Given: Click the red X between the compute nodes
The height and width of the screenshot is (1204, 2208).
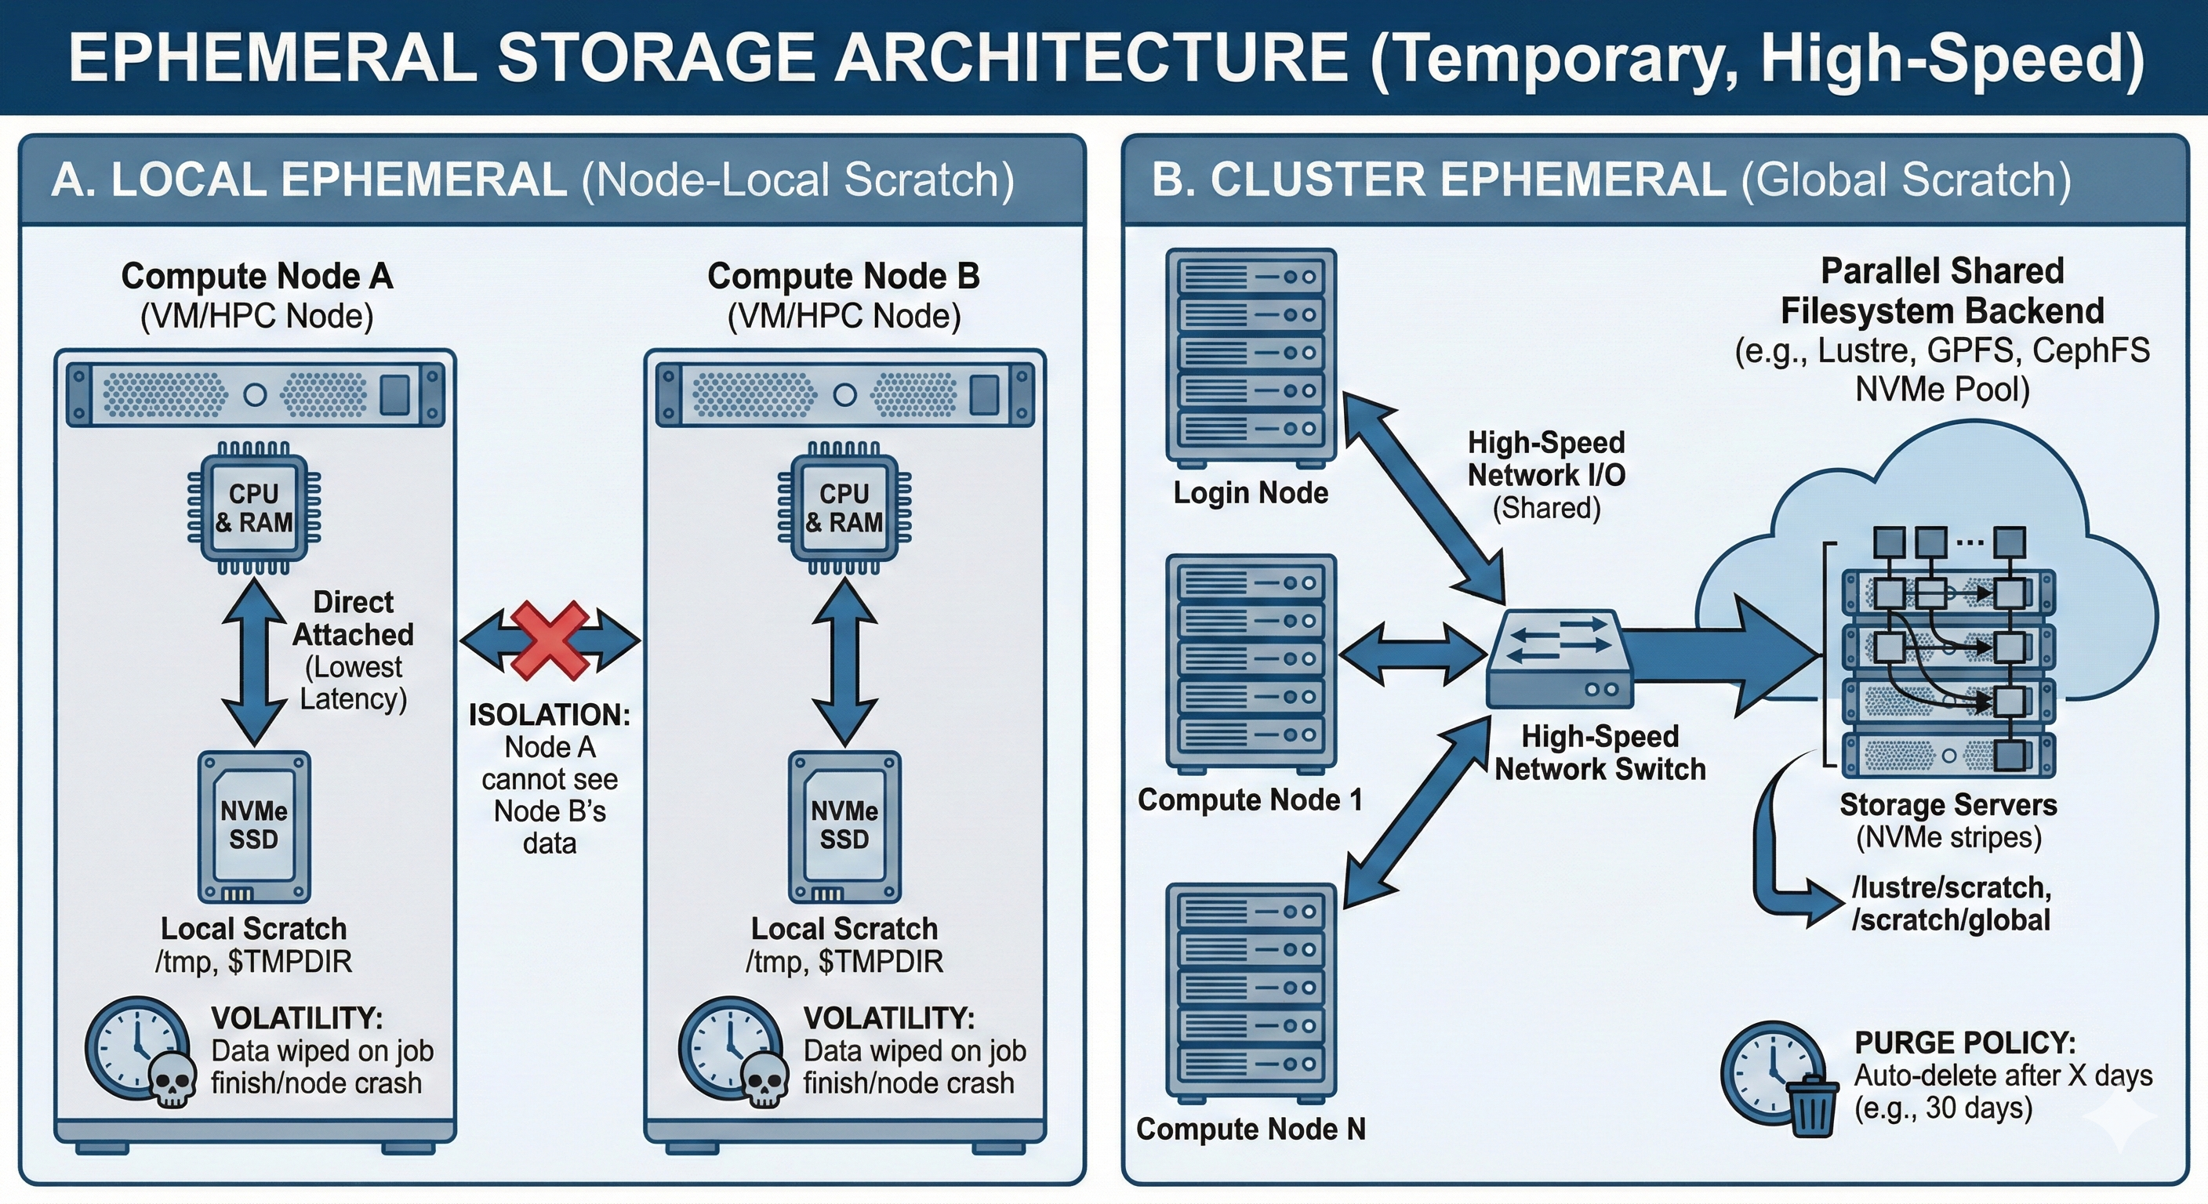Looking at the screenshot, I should pos(550,640).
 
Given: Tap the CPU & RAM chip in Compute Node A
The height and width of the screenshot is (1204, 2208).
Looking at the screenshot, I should pos(254,508).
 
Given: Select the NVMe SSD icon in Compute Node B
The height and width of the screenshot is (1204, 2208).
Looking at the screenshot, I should pos(844,826).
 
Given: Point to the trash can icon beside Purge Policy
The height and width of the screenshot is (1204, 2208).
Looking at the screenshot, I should pos(1811,1105).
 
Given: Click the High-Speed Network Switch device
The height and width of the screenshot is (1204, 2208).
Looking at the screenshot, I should pos(1559,660).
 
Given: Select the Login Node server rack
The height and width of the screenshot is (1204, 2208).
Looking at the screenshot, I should pos(1251,357).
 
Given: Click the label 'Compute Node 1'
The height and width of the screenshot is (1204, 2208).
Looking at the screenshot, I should pos(1250,800).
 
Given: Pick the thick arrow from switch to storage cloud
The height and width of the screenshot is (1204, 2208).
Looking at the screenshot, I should pos(1723,655).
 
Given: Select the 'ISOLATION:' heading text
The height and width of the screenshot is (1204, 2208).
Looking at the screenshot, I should pos(550,715).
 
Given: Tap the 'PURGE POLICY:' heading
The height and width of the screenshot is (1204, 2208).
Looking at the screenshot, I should pos(1966,1043).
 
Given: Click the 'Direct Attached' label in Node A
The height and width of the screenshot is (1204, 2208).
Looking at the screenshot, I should pos(353,618).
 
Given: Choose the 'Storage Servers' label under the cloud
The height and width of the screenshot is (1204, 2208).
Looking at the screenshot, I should pos(1948,805).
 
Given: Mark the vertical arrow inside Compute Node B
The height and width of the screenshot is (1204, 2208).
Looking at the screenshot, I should pos(844,661).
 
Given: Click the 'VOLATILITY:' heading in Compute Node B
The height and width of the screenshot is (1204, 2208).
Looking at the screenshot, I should pos(889,1018).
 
